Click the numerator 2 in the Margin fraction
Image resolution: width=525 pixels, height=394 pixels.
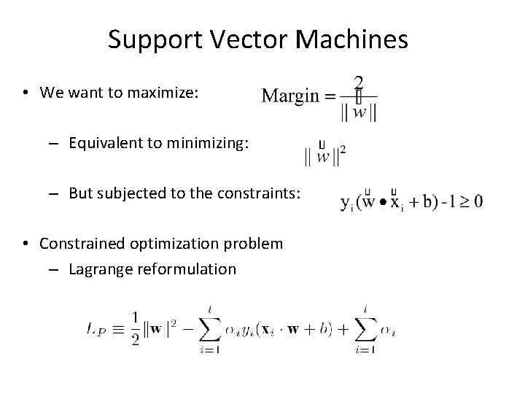pos(359,81)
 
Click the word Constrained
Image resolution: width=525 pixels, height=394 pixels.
pos(80,244)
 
